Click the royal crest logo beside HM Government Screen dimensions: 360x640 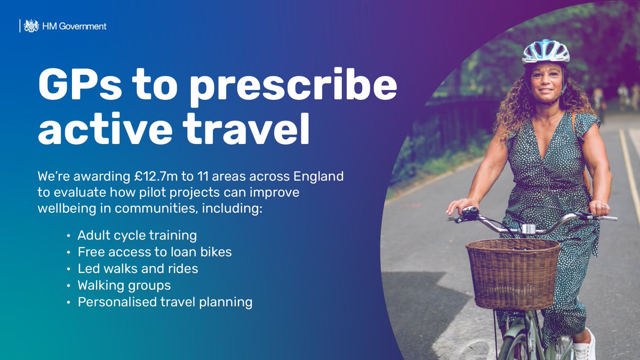[31, 26]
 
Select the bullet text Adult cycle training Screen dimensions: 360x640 [137, 235]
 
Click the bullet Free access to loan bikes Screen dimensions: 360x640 [155, 252]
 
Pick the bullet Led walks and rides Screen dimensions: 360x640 [138, 269]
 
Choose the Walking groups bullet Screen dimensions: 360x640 [124, 285]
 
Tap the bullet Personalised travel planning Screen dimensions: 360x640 [165, 302]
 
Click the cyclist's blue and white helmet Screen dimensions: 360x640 [546, 51]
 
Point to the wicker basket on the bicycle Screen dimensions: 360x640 [513, 273]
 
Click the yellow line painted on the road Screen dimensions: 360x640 [629, 171]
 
